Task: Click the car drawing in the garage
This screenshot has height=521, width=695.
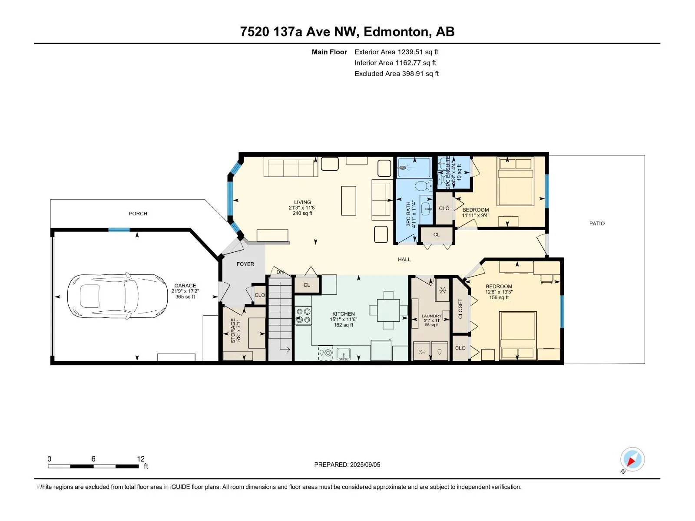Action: pos(117,296)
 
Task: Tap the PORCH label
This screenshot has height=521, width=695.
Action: pos(138,214)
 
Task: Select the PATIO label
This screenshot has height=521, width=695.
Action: pos(597,223)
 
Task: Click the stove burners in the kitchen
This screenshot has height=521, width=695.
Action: pos(303,316)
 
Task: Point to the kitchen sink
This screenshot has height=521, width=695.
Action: pos(343,354)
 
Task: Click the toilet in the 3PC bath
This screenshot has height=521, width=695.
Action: pos(423,186)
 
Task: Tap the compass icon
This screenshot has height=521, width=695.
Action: pos(632,459)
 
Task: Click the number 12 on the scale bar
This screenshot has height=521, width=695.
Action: pos(141,458)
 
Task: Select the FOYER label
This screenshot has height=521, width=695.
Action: pos(245,264)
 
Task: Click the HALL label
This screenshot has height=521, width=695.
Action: pos(404,259)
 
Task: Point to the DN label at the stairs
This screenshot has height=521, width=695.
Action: pos(280,272)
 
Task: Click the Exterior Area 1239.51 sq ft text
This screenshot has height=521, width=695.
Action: pos(397,52)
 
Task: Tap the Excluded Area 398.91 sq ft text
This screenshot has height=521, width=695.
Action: pos(397,74)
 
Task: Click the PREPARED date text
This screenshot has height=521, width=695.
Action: pos(347,465)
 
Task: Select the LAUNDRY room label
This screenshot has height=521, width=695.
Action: pos(432,316)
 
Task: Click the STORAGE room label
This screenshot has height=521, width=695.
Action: pos(233,330)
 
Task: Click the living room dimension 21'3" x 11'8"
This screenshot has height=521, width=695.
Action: pos(302,208)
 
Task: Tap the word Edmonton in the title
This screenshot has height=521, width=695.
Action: pos(396,32)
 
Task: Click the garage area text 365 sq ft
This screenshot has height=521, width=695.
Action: pos(185,297)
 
